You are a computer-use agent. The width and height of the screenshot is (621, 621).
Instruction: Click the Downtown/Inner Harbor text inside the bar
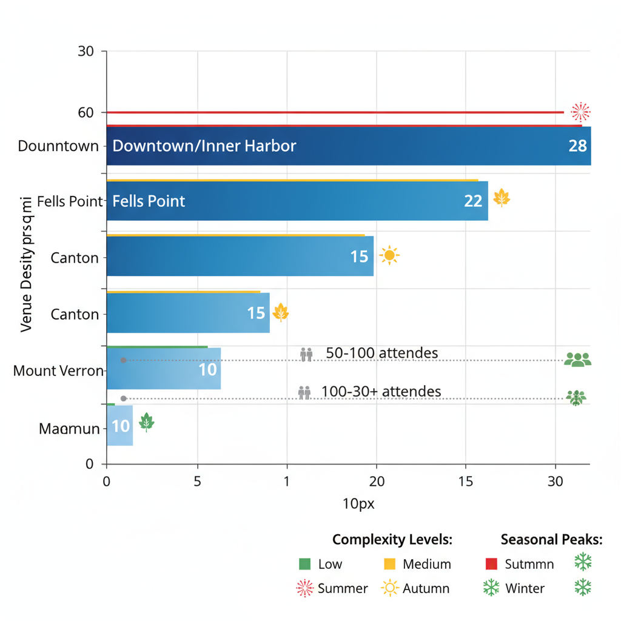tap(204, 146)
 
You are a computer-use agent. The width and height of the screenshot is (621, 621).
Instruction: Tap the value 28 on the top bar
tap(577, 146)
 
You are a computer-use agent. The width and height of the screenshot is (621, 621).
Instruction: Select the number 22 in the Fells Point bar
tap(472, 201)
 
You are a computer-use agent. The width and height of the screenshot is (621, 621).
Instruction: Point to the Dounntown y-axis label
tap(58, 146)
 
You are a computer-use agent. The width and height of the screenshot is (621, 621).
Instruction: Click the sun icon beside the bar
tap(389, 256)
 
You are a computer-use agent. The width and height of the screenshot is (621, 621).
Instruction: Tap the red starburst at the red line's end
tap(580, 112)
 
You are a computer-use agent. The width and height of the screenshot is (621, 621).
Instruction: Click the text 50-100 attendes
tap(381, 353)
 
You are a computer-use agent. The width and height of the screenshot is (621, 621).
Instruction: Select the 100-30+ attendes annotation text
tap(381, 391)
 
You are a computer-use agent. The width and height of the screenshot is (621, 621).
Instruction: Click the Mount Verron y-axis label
tap(58, 371)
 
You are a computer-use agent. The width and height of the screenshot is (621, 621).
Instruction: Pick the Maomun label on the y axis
tap(69, 429)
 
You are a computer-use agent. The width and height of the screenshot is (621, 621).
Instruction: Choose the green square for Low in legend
tap(304, 564)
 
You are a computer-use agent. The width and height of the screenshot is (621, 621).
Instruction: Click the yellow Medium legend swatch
tap(390, 564)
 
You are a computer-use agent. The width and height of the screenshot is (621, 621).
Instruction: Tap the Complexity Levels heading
tap(392, 540)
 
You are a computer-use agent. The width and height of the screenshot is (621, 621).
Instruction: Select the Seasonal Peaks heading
tap(551, 540)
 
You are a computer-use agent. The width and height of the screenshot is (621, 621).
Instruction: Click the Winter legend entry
tap(525, 588)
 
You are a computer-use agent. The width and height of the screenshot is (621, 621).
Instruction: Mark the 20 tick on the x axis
tap(376, 482)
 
